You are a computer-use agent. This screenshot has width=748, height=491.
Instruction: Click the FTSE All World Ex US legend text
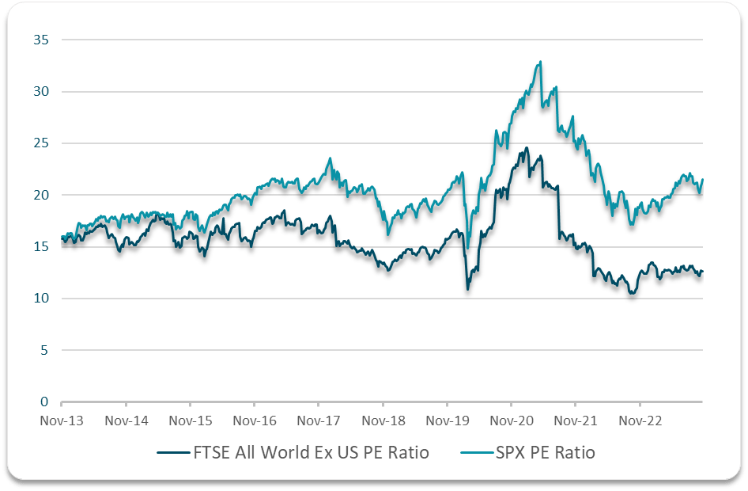[x=311, y=453]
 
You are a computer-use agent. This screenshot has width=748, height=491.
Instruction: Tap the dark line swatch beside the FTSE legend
[x=173, y=453]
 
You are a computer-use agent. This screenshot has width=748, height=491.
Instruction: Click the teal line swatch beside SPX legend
[x=476, y=453]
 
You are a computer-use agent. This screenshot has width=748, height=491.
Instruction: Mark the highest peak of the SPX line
[x=540, y=62]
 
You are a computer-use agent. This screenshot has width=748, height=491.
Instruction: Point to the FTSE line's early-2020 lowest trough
[x=468, y=289]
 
